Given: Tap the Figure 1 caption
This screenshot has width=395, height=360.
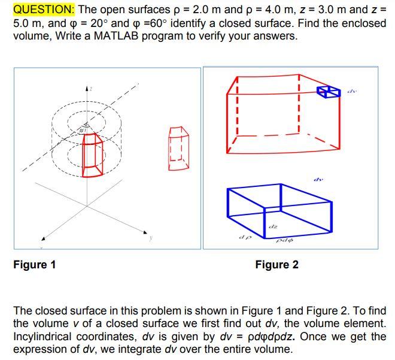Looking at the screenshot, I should click(35, 264).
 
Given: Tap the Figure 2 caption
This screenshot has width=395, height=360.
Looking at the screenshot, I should click(276, 264).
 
